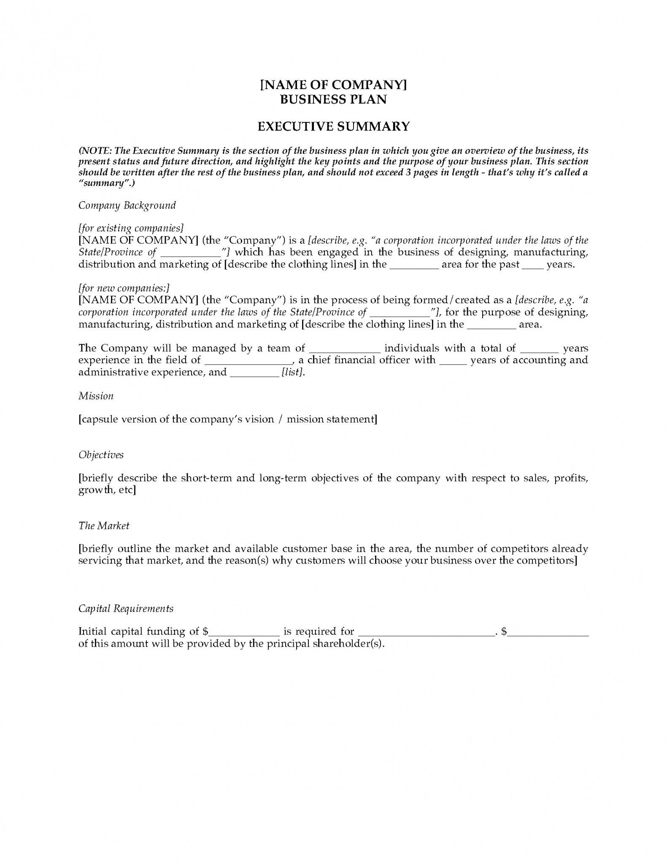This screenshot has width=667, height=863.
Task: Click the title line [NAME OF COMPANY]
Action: point(333,85)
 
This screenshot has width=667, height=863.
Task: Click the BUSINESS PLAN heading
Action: point(333,100)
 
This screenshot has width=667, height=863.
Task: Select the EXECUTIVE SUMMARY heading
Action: point(333,127)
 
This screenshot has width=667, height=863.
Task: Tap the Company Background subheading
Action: point(127,205)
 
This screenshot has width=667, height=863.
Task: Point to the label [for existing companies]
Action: point(131,228)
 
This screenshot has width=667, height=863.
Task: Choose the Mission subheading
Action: point(96,396)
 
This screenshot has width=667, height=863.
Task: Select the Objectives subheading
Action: point(101,455)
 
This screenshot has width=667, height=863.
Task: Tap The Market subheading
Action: point(104,526)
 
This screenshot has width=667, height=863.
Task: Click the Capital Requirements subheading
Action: point(126,609)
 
